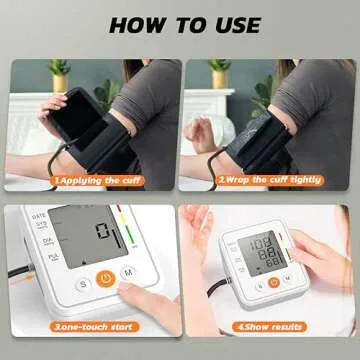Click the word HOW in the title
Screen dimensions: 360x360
click(137, 25)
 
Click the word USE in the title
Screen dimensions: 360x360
click(232, 25)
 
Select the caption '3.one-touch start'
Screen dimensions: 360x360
click(95, 327)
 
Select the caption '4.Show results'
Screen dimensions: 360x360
click(270, 327)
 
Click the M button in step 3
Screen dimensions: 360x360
click(128, 272)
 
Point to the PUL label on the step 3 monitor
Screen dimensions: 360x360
click(39, 257)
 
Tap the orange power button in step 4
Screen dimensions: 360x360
click(273, 282)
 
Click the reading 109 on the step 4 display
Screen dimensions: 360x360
click(265, 243)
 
